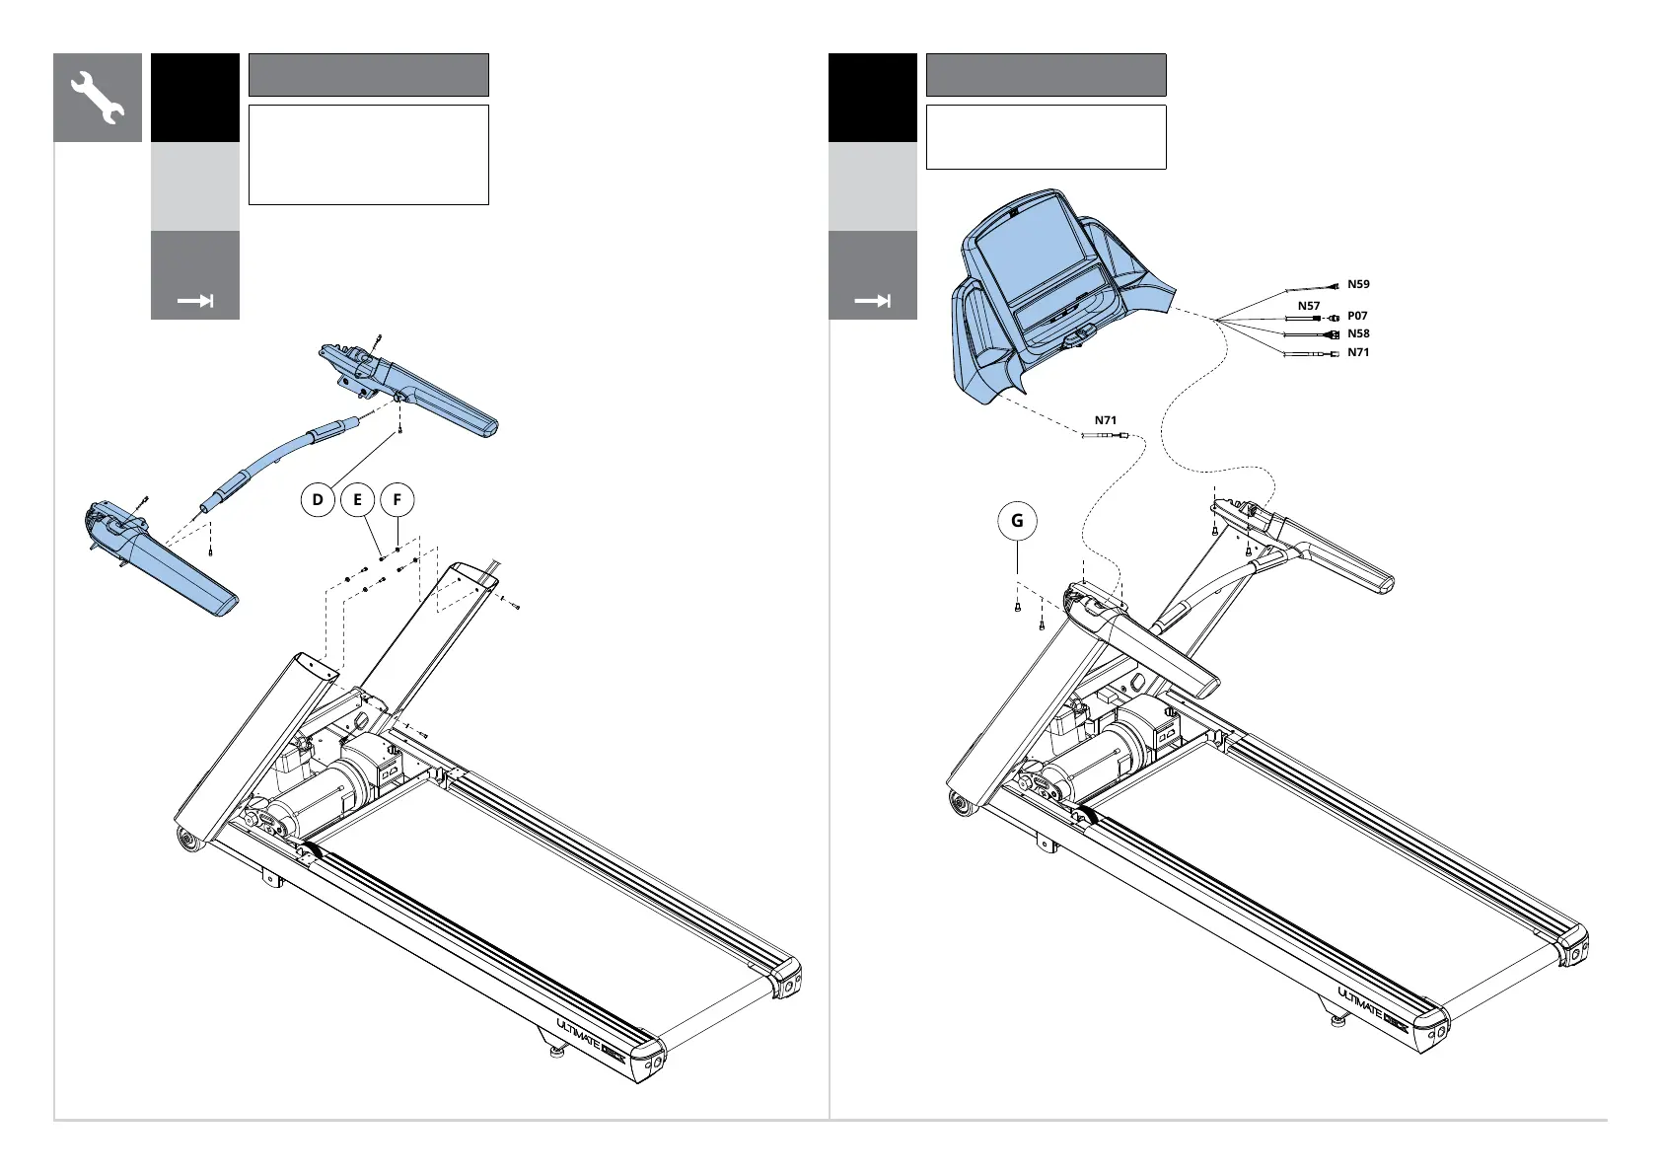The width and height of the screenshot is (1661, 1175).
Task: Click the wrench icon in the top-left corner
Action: click(x=97, y=98)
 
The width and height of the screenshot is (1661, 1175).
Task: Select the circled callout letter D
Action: click(x=318, y=500)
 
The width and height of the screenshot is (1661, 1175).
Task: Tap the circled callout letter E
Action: click(x=357, y=500)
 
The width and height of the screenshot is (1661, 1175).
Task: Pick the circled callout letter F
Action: click(x=397, y=500)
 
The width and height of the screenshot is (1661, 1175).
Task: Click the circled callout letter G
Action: click(x=1017, y=521)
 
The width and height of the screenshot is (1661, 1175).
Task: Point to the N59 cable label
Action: click(x=1358, y=284)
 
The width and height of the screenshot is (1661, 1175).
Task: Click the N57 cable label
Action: click(x=1308, y=306)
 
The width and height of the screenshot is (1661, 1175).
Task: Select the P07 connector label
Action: click(x=1357, y=316)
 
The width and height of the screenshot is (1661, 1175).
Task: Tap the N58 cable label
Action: click(x=1358, y=333)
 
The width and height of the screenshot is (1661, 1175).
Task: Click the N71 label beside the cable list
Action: click(x=1358, y=352)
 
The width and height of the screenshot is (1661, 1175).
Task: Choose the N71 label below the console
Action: click(x=1105, y=420)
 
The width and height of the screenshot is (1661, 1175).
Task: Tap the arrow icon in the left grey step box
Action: click(x=194, y=301)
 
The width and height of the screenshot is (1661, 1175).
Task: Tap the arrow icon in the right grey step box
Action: click(x=872, y=301)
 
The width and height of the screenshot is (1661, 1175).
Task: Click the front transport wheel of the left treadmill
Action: click(x=186, y=840)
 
